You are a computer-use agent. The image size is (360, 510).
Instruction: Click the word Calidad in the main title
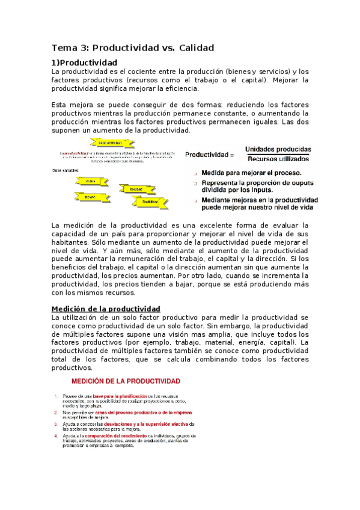(193, 48)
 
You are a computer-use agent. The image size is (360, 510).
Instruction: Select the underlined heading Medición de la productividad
(106, 309)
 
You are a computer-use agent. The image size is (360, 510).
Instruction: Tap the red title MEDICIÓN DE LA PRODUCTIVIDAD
(126, 381)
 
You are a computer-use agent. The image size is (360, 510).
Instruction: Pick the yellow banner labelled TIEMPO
(90, 196)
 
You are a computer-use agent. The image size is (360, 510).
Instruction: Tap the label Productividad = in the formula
(210, 155)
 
